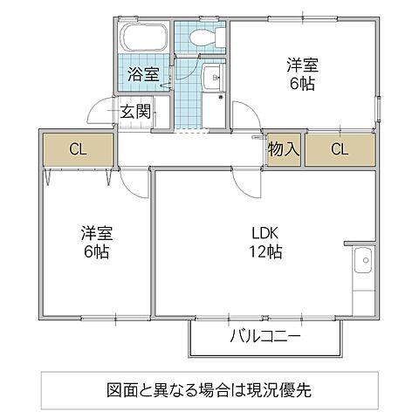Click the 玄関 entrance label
(x=137, y=111)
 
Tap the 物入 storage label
(x=284, y=149)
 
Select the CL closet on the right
(x=339, y=149)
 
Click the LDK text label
(x=265, y=234)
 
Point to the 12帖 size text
(x=265, y=252)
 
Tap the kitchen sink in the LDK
(x=363, y=259)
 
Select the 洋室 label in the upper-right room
(x=303, y=65)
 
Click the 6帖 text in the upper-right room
(x=303, y=84)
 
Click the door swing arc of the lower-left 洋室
(x=133, y=181)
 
